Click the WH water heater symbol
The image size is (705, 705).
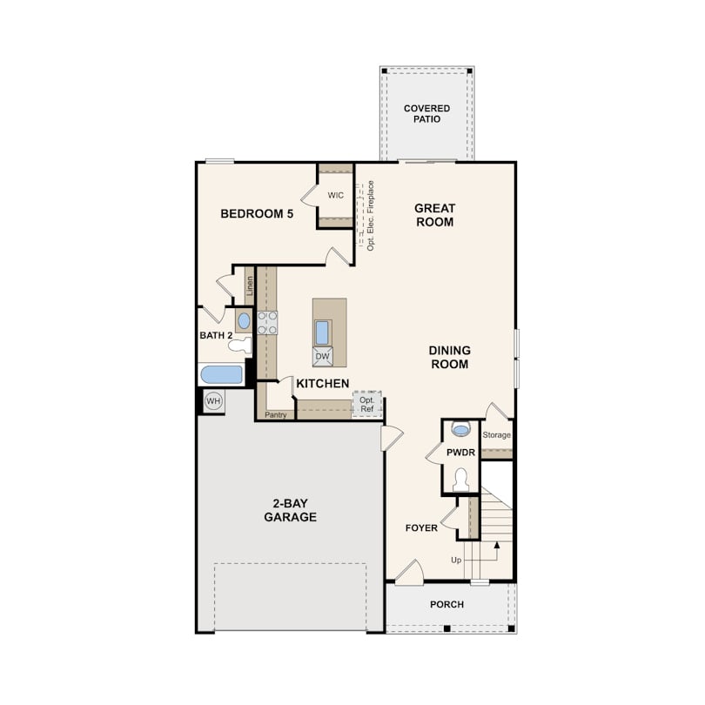click(213, 400)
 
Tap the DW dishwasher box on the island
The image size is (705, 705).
click(322, 357)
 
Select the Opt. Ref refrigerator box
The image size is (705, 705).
click(367, 404)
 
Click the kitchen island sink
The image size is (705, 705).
click(322, 332)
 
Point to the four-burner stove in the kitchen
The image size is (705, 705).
click(267, 323)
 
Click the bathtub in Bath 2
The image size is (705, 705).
click(221, 374)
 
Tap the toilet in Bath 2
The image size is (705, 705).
click(239, 345)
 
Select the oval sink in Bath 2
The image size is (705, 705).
click(244, 320)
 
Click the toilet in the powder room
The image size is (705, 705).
click(460, 480)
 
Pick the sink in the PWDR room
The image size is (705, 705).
click(460, 429)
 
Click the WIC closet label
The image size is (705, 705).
click(335, 195)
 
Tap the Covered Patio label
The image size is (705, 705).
click(426, 114)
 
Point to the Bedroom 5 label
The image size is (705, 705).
click(257, 213)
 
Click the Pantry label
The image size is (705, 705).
click(276, 414)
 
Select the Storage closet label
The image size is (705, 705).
click(496, 435)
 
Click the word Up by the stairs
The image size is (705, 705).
click(456, 560)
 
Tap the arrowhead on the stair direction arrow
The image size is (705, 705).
click(497, 545)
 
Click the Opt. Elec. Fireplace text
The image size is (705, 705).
click(371, 215)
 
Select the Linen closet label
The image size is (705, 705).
click(250, 285)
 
